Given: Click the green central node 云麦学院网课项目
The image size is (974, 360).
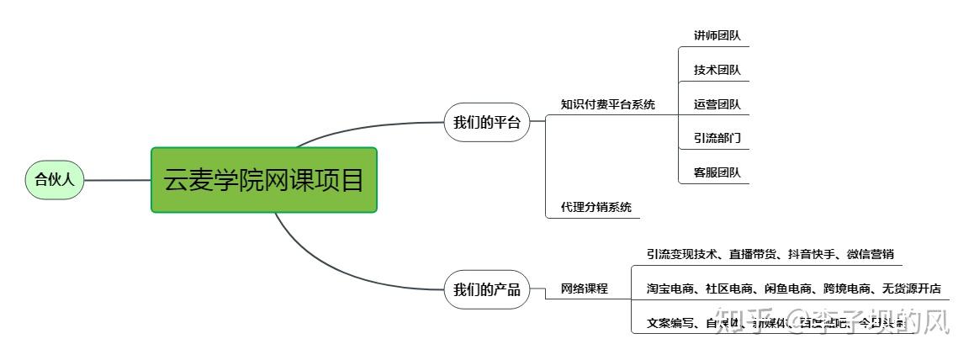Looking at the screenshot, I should pos(264,180).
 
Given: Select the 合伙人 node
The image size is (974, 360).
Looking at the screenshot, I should pos(55,179).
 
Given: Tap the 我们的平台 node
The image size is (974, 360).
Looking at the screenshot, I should pos(487,123).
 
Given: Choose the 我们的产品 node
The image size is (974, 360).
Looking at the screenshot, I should pos(487,290).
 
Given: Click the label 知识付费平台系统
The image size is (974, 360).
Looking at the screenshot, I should pos(607,105).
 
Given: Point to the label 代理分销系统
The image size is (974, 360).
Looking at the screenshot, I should pos(596,206).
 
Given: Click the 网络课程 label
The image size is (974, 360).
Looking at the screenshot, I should pos(584,289).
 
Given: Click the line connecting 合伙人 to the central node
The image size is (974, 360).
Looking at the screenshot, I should pos(118,180).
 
